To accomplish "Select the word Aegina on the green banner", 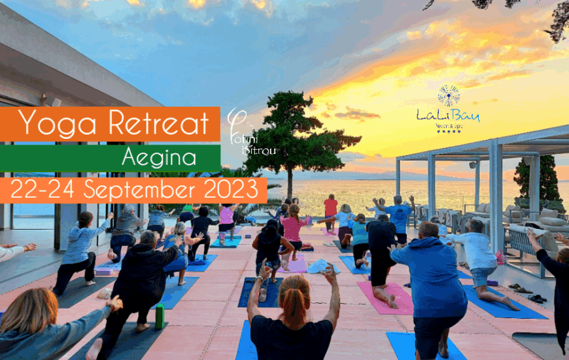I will click(x=159, y=158).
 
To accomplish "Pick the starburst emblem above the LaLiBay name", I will click(x=449, y=96).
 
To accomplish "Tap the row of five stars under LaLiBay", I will click(x=449, y=131).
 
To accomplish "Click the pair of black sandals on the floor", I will click(x=537, y=298).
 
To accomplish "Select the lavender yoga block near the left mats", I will click(x=103, y=271).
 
